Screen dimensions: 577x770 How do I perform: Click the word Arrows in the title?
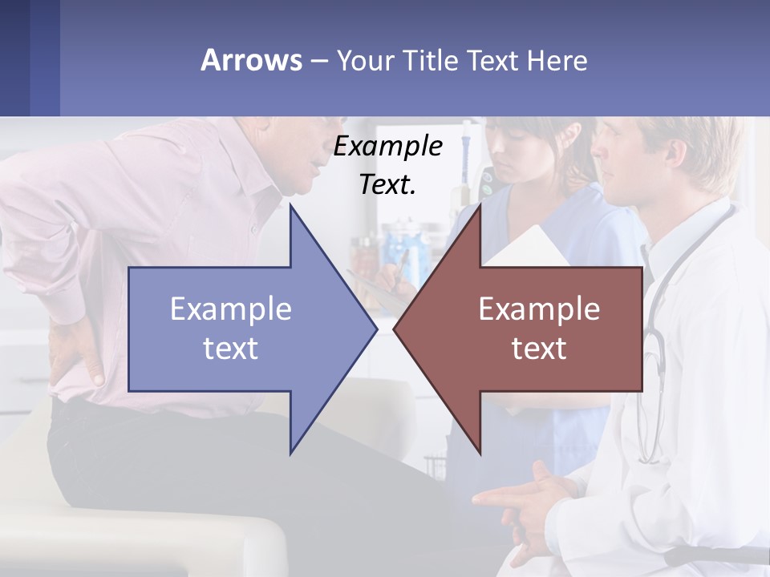(x=251, y=60)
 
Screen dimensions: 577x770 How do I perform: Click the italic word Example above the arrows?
(x=387, y=146)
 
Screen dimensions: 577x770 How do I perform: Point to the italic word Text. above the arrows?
(x=387, y=184)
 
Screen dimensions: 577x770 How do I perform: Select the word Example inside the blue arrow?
(x=231, y=309)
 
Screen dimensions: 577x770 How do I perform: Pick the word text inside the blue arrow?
(x=231, y=349)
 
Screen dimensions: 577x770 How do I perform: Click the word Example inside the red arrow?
(x=539, y=309)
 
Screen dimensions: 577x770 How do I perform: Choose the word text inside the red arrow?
(x=539, y=349)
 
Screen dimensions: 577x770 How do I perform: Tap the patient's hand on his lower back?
(x=76, y=353)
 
